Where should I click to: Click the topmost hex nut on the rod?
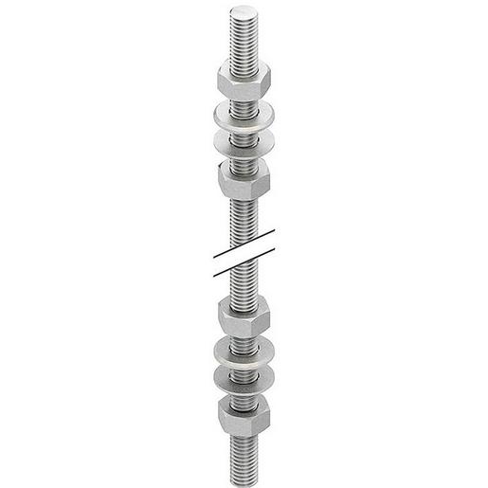[244, 75]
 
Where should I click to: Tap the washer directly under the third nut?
[244, 350]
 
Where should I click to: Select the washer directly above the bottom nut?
[244, 376]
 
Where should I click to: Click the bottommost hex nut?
[244, 413]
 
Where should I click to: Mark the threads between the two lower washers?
[244, 364]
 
